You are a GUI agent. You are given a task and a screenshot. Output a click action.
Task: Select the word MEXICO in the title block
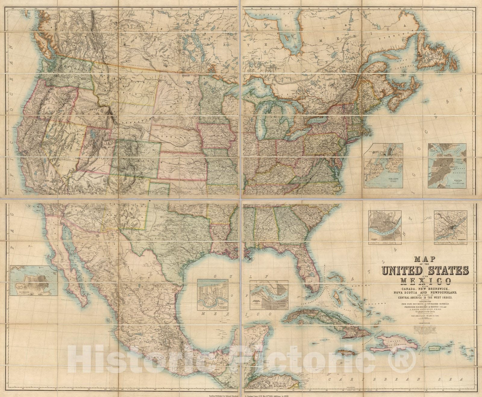click(426, 281)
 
